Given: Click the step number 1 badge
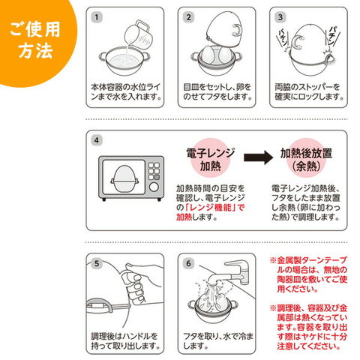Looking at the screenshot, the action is [x=97, y=17].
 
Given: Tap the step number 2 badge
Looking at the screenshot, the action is [x=188, y=17].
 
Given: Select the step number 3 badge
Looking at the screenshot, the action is [x=280, y=17].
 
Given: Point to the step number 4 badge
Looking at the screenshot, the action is [x=97, y=140].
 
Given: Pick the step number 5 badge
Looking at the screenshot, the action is [x=97, y=263].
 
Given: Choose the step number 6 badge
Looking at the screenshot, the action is [x=188, y=263].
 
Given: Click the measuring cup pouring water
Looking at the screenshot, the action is [x=139, y=35].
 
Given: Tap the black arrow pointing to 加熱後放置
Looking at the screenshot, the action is [x=258, y=157].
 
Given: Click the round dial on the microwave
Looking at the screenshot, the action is [x=154, y=187].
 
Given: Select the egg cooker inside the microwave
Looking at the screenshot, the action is [x=124, y=178].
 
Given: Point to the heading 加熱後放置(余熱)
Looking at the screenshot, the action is [x=306, y=160].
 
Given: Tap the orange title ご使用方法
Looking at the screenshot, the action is [x=35, y=40].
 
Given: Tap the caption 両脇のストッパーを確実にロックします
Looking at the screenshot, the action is [x=309, y=92].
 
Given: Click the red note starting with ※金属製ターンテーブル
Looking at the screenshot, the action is [x=309, y=274].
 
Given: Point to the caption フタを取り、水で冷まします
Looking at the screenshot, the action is [x=218, y=341].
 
